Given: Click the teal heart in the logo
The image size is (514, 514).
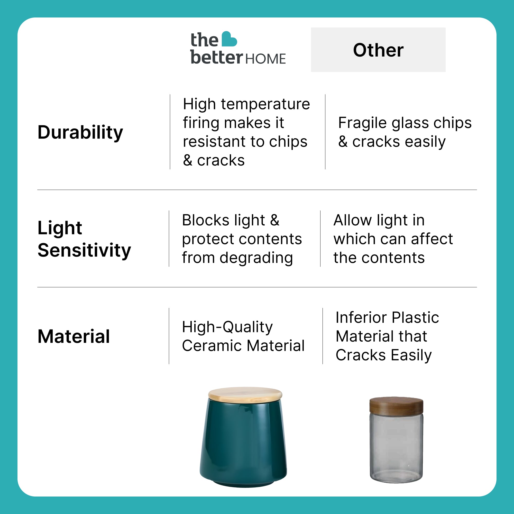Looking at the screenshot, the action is pos(229,39).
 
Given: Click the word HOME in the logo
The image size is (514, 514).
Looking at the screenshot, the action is pos(265,59).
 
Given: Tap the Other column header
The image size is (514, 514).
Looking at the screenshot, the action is pos(378,50).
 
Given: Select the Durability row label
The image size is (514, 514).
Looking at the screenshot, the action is pos(80,132).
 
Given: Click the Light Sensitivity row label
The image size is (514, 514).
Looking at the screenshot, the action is pos(84,239).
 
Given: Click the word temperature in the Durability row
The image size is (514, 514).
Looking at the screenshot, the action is pos(265,104).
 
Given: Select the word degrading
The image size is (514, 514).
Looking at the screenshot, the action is pos(256,258).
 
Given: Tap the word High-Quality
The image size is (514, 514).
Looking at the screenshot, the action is pos(227,327).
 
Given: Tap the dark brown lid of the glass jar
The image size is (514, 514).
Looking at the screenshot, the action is pos(396,406).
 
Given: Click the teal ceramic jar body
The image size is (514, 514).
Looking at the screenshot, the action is pos(243,443).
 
